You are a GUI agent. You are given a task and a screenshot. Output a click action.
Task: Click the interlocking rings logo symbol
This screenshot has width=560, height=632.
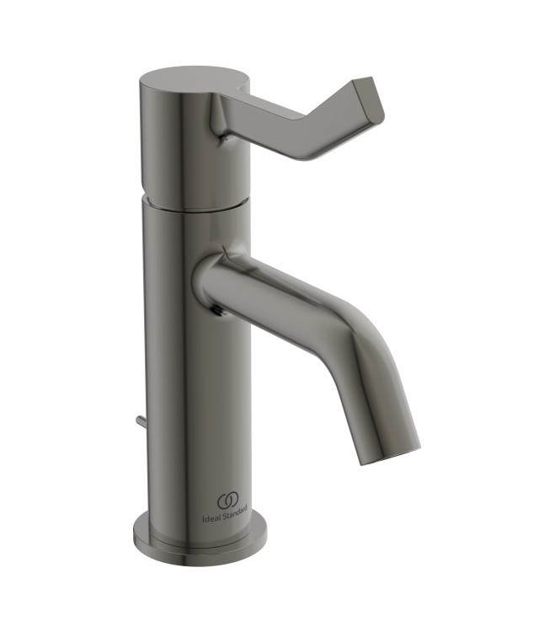point(228,501)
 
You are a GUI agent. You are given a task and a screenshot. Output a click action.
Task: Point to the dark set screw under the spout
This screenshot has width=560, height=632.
point(221,311)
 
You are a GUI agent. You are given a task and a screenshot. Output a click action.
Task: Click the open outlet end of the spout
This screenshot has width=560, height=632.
point(392,451)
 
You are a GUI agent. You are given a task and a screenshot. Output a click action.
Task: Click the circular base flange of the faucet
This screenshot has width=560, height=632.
point(200,540)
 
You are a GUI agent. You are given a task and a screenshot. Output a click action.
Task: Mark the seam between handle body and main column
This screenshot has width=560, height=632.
point(195,205)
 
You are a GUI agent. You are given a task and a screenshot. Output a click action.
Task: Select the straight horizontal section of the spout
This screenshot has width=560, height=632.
point(278,295)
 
